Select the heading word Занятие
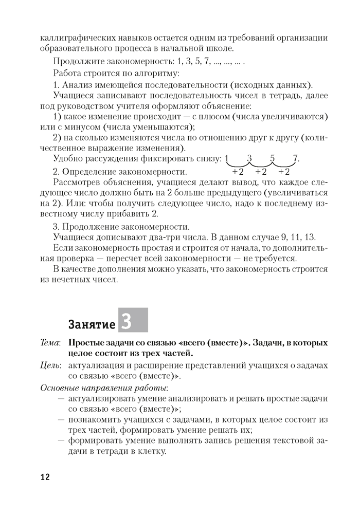(x=92, y=324)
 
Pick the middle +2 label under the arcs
(x=261, y=172)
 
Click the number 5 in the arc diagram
(x=272, y=158)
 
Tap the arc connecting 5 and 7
(x=284, y=166)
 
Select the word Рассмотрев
(x=77, y=182)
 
